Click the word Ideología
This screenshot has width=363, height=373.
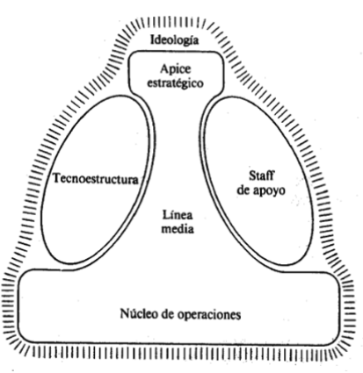(175, 40)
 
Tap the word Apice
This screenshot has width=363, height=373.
(176, 69)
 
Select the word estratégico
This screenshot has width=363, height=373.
(175, 82)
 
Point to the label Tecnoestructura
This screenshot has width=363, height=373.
(96, 178)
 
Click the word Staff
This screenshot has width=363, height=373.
(262, 176)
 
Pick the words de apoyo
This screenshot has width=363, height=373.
(261, 190)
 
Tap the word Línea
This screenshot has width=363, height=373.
(178, 215)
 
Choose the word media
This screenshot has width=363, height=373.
(178, 228)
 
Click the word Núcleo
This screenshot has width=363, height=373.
(138, 314)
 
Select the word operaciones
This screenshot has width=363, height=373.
(209, 315)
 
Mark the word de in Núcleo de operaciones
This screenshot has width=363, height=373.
(166, 314)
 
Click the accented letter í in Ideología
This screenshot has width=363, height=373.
(188, 40)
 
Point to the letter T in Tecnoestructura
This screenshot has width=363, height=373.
(57, 178)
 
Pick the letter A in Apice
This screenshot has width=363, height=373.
(165, 68)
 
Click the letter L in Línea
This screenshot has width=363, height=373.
(166, 215)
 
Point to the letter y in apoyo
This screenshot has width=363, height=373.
(274, 192)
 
